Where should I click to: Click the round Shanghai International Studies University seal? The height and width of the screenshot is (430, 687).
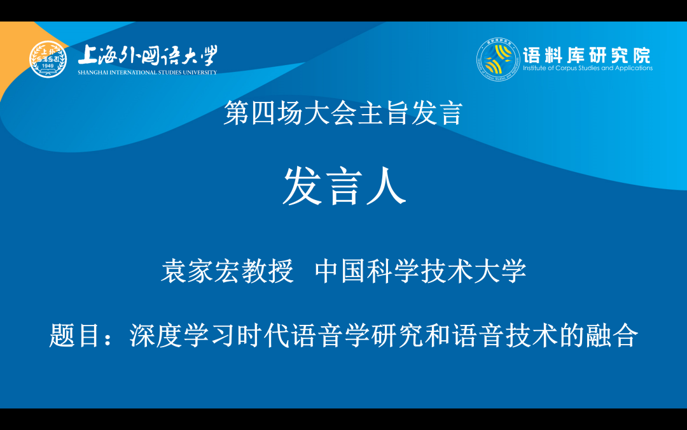[48, 59]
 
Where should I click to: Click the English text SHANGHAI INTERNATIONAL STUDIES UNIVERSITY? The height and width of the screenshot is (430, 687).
[147, 73]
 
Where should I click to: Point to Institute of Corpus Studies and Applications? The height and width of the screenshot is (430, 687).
[587, 68]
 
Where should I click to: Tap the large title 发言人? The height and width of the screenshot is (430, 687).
[343, 187]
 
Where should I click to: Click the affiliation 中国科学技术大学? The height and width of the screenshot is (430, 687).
[420, 271]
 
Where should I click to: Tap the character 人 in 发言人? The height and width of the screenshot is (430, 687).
[385, 187]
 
